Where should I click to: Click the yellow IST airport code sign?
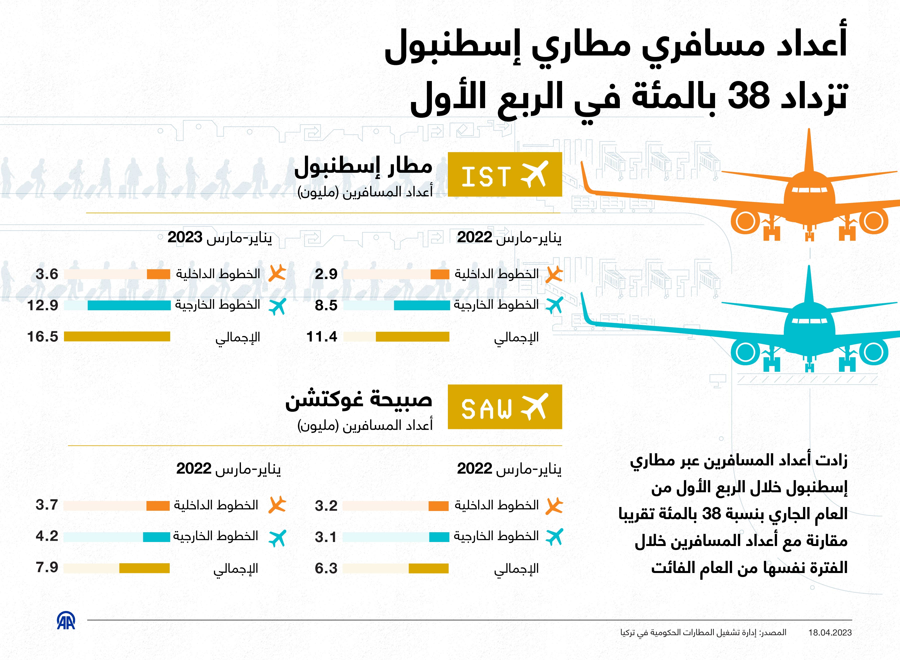tap(505, 174)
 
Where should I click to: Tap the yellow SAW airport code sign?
tap(505, 407)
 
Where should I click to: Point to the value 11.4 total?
tap(322, 337)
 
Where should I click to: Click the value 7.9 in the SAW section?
tap(47, 567)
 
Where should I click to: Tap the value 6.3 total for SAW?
tap(326, 568)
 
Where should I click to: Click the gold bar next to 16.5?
tap(117, 337)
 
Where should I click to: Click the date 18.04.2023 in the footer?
tap(830, 633)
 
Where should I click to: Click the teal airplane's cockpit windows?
tap(809, 321)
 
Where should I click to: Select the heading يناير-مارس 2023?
tap(220, 238)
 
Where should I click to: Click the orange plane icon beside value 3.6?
tap(277, 273)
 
